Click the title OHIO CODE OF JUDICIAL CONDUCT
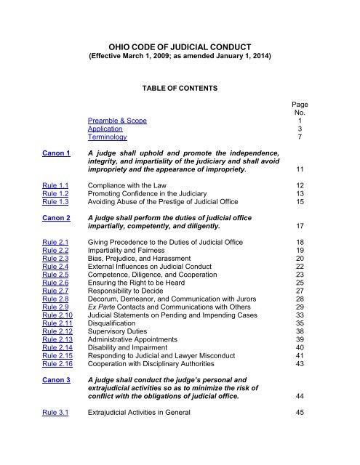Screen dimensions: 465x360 pos(179,44)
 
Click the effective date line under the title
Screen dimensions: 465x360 pos(179,56)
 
